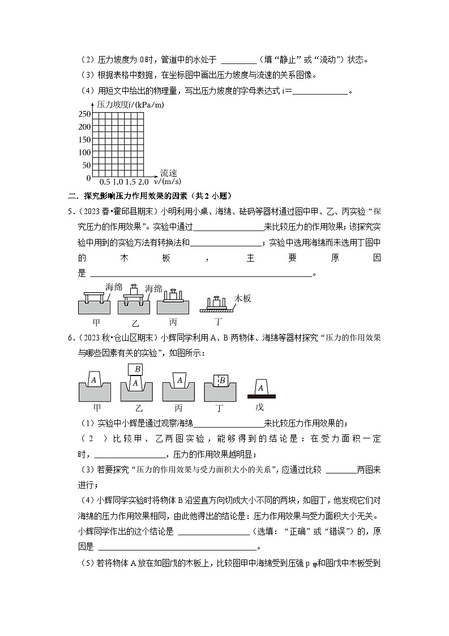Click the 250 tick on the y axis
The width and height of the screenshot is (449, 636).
point(84,114)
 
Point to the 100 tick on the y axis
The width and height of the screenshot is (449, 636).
point(84,152)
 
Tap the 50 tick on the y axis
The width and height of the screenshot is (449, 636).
point(86,165)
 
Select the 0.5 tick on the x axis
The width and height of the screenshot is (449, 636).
point(105,182)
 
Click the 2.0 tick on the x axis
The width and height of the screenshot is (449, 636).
point(143,182)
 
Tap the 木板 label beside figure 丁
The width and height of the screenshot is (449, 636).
point(242,298)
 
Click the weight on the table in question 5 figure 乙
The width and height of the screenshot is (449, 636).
point(134,286)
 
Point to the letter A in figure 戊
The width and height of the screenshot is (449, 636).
point(260,387)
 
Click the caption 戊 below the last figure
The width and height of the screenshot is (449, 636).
point(260,407)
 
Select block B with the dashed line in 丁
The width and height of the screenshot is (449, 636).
point(221,381)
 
